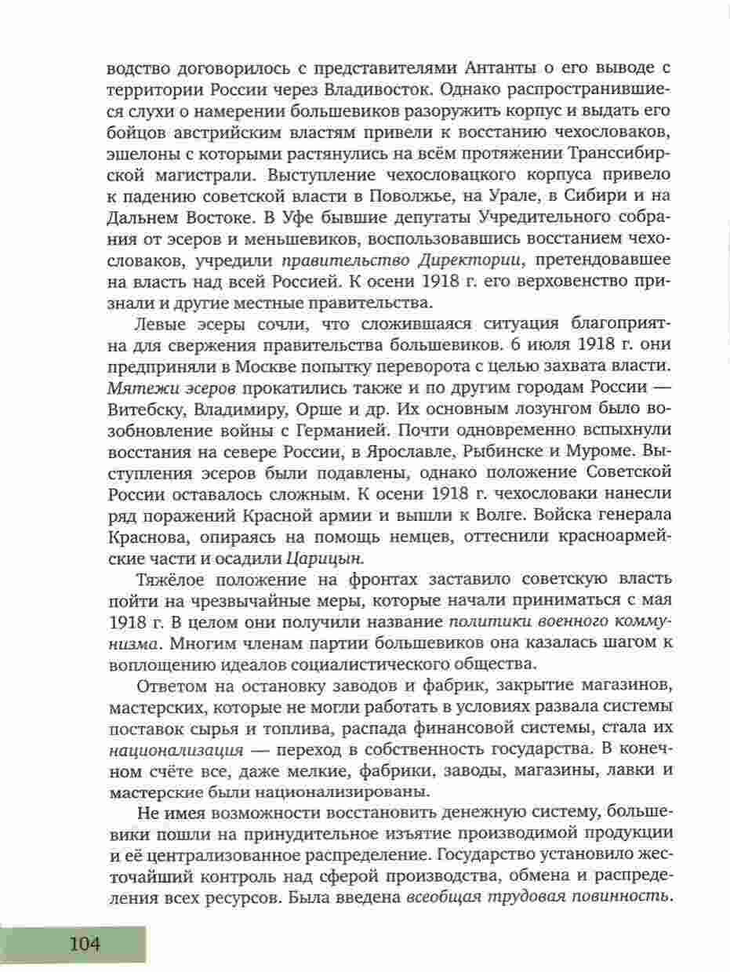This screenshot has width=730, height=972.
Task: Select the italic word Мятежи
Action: pos(137,388)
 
